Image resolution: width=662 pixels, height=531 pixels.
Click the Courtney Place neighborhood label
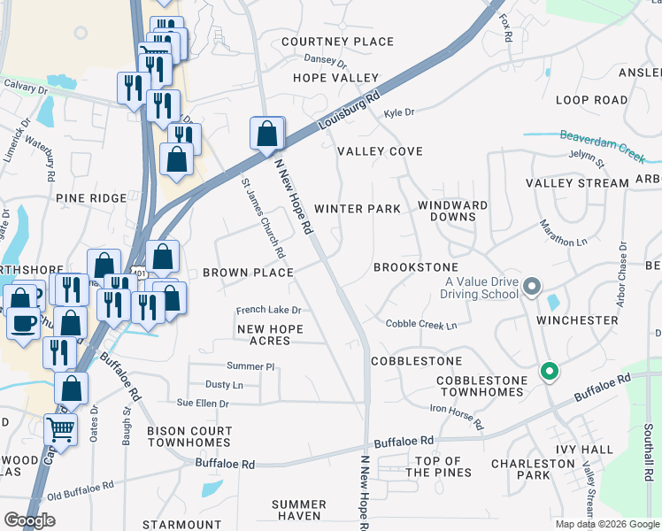point(337,42)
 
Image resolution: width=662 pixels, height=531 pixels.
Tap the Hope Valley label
point(336,78)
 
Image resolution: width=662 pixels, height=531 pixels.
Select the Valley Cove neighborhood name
point(380,151)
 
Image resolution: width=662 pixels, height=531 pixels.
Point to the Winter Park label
point(358,209)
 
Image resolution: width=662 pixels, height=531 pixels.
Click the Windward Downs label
point(452,211)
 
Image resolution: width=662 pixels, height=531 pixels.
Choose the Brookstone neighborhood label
point(416,266)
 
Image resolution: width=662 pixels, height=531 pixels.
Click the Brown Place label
point(248,273)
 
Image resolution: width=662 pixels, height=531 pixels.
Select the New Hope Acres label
point(270,335)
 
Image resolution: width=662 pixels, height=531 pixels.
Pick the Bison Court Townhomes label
point(189,436)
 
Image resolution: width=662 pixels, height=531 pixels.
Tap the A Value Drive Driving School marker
point(532,287)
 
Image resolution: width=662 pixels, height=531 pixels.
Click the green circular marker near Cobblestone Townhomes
point(549,372)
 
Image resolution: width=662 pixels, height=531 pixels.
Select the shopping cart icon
point(60,430)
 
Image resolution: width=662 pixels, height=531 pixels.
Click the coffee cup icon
point(23,320)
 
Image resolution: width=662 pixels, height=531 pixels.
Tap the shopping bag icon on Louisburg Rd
point(267,135)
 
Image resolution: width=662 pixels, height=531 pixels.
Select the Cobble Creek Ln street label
point(421,325)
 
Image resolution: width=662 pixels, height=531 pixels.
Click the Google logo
point(29,520)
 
